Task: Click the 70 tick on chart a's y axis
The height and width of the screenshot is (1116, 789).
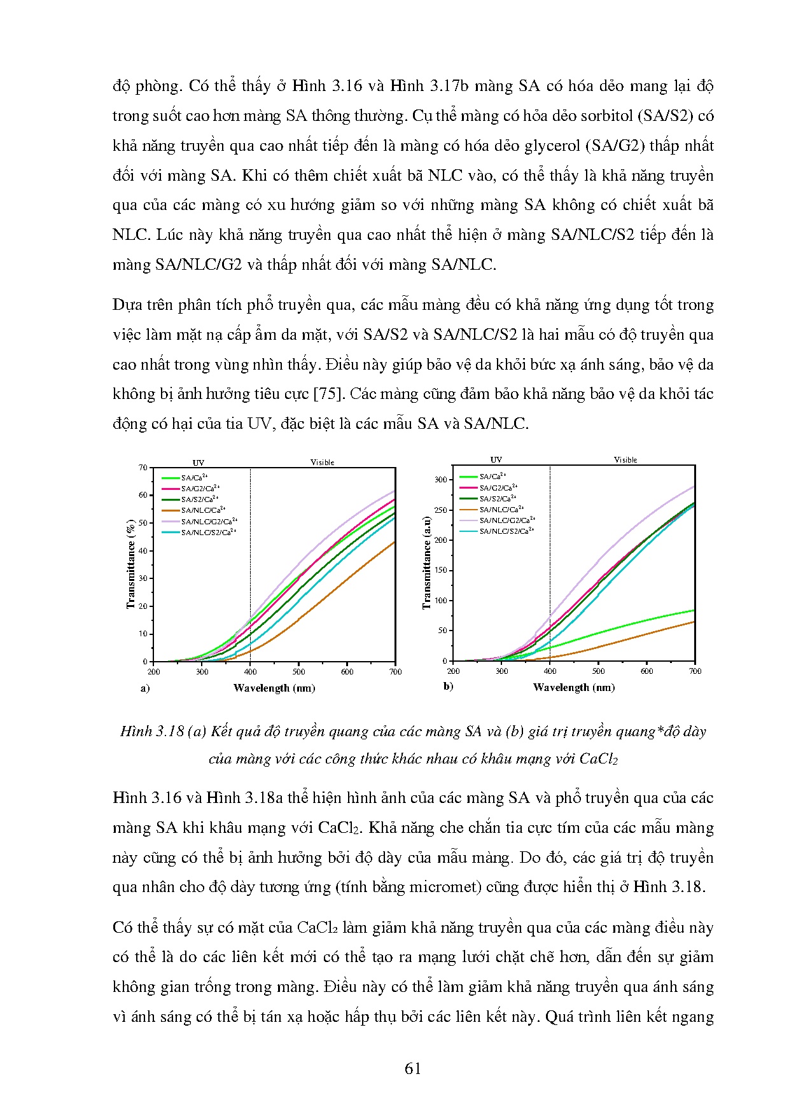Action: [143, 468]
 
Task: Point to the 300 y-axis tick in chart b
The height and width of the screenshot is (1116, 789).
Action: [441, 480]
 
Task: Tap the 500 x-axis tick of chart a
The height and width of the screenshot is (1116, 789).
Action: [298, 672]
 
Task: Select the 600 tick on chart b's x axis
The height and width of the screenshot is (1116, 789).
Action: [646, 671]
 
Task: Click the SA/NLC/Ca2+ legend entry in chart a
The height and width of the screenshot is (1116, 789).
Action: [202, 510]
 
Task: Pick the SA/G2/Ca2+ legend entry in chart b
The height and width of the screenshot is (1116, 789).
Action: [498, 488]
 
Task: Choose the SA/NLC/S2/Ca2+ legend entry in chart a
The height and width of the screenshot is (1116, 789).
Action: [207, 533]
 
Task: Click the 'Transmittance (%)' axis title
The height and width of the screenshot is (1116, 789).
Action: [130, 564]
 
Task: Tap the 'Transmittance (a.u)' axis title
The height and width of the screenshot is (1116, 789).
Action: [426, 562]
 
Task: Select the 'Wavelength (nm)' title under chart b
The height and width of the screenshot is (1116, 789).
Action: [573, 688]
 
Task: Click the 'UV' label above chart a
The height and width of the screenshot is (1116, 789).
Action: [199, 463]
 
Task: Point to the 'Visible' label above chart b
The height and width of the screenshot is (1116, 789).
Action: [625, 460]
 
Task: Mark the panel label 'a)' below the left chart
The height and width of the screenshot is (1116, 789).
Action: [145, 688]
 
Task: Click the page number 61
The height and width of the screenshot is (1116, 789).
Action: [413, 1069]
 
